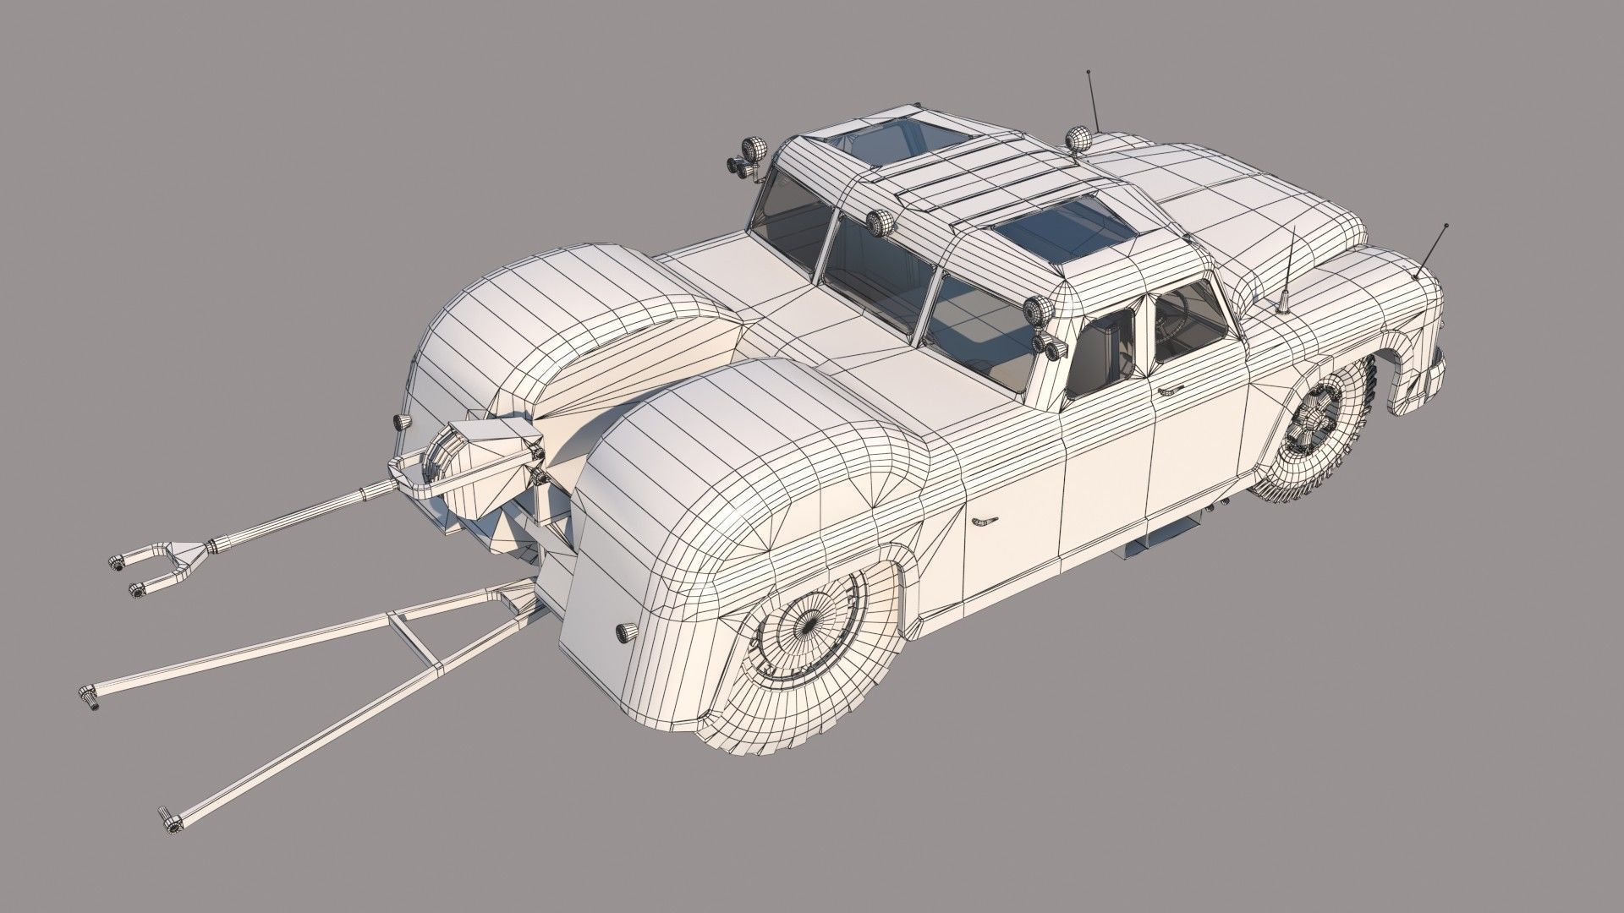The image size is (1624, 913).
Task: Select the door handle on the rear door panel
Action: click(x=984, y=521)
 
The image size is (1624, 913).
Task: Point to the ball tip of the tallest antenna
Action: click(x=1089, y=74)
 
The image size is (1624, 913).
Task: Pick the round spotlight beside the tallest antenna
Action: click(x=1078, y=139)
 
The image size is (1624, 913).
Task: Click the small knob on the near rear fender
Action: click(x=627, y=631)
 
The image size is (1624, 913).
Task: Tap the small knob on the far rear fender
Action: click(x=401, y=422)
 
